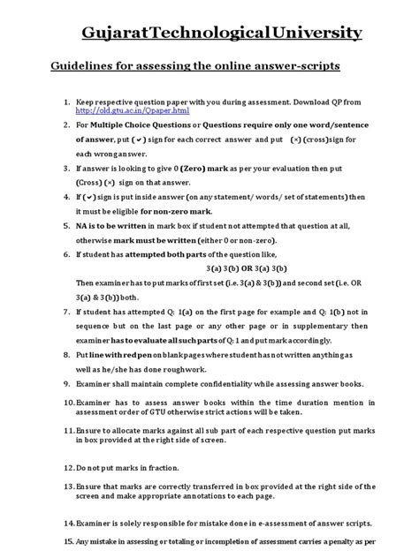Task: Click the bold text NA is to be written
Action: [x=112, y=226]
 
